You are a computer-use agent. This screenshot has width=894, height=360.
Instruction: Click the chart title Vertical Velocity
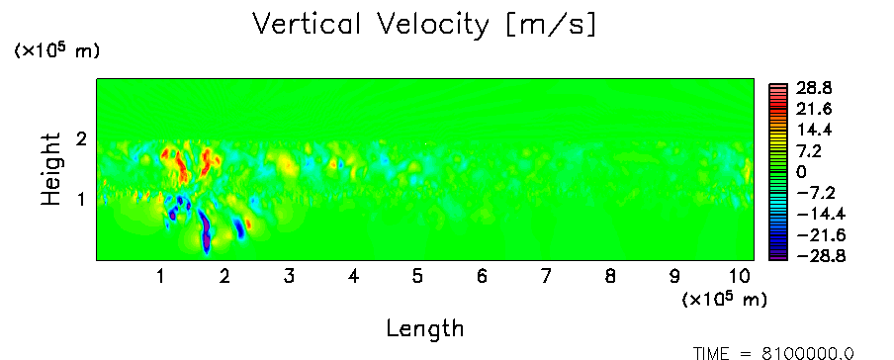371,25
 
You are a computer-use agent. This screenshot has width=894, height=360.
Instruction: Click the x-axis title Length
425,329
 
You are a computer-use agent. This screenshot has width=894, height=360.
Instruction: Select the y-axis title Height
50,169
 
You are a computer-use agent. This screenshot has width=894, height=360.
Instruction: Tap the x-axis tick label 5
417,277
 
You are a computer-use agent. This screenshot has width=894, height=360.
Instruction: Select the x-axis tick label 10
739,277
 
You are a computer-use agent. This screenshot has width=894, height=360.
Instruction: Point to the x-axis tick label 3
289,277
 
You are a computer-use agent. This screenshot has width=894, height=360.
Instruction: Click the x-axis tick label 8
610,277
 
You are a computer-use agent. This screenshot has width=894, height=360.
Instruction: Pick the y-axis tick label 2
81,139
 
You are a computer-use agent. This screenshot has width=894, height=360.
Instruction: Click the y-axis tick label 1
82,200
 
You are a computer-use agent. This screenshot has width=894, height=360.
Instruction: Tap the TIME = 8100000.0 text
773,354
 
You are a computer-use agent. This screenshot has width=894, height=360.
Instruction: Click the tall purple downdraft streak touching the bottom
205,231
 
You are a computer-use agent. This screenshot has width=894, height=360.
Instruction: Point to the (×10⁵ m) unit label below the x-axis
724,300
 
